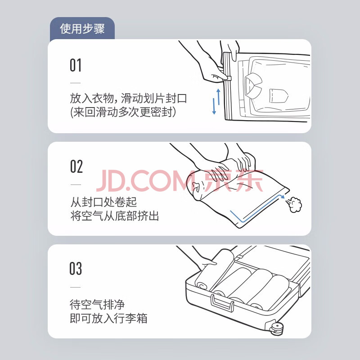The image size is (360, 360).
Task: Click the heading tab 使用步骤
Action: [x=82, y=29]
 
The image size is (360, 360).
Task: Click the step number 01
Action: [x=76, y=65]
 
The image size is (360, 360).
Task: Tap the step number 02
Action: [x=76, y=166]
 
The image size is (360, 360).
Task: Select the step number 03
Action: [x=76, y=268]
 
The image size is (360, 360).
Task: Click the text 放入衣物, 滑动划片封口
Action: [x=128, y=98]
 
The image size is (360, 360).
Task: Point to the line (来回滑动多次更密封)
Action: [x=123, y=112]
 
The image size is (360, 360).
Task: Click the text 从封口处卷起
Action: [x=103, y=202]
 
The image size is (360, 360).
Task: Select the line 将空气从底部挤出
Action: [x=115, y=216]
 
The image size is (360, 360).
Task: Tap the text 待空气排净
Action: [x=97, y=305]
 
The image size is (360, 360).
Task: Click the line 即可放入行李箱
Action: [x=108, y=318]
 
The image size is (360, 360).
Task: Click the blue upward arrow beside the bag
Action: [x=218, y=97]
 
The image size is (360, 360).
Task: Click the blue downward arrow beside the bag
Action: [x=214, y=106]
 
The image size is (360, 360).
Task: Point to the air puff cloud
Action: [x=294, y=204]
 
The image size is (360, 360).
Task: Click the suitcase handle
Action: [x=222, y=302]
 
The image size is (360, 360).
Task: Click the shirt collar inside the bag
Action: [x=254, y=85]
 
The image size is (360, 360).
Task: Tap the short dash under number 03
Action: [x=76, y=287]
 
